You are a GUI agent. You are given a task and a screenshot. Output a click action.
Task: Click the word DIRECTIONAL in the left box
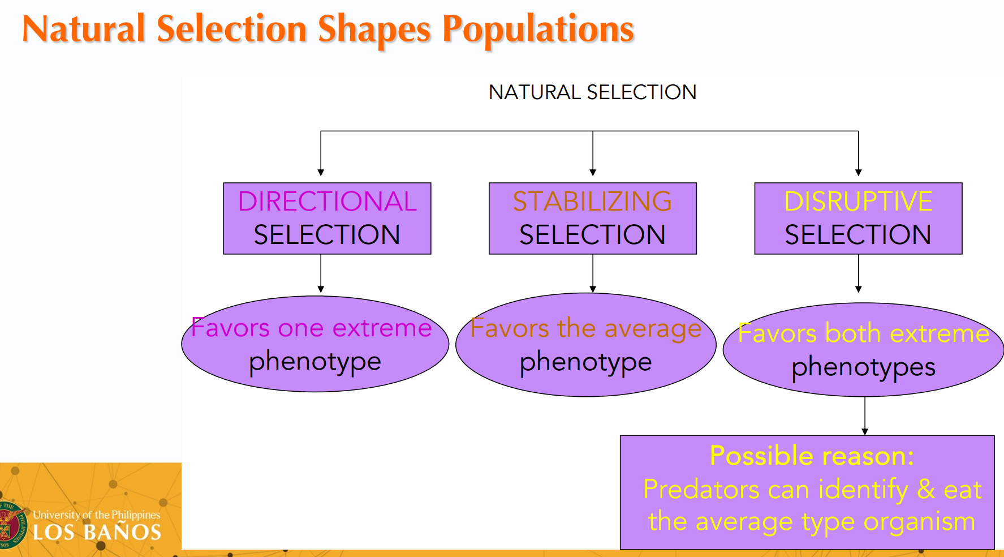coord(327,202)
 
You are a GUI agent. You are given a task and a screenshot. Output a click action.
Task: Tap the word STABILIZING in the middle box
coord(592,202)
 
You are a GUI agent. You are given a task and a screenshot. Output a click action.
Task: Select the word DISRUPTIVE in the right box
coord(858,202)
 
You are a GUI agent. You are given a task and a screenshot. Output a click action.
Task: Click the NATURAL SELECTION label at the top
coord(592,92)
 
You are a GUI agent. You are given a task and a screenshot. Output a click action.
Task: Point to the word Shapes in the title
coord(374,29)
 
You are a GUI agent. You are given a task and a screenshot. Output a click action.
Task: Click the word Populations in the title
coord(538,29)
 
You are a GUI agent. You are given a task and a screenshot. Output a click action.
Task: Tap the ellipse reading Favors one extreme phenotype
coord(315,344)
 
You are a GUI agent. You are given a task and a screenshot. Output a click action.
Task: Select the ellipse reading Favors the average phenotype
coord(586,345)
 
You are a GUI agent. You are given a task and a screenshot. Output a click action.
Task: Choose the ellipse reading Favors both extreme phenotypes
coord(864,349)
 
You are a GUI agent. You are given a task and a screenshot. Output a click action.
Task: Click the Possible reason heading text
coord(812,456)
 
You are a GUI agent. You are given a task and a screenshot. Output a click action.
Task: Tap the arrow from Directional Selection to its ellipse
coord(321,273)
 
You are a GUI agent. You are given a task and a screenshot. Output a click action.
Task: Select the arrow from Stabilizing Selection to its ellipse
coord(593,273)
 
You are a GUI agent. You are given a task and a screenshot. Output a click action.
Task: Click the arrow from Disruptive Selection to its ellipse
coord(859,273)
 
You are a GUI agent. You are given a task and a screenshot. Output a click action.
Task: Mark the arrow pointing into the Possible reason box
coord(865,416)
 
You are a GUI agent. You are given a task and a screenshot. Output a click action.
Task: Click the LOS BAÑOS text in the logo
coord(97,532)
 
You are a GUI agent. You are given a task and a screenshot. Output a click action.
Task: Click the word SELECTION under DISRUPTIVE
coord(858,235)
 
